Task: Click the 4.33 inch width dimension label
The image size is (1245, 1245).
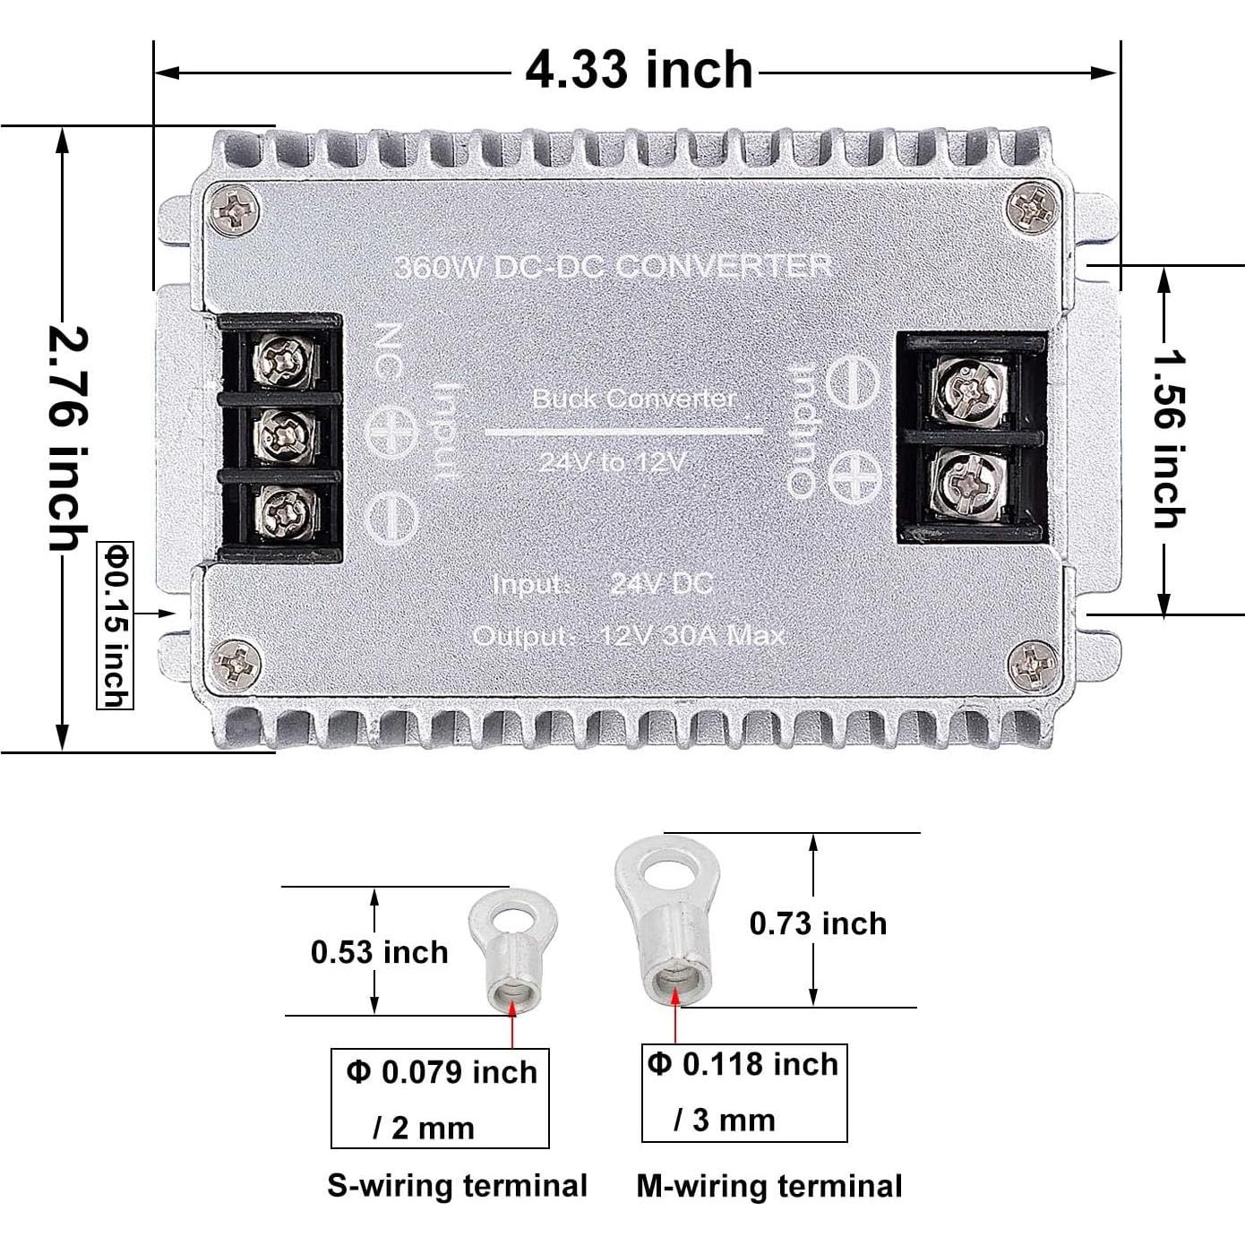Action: pyautogui.click(x=638, y=70)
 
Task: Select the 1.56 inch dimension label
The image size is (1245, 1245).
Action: pyautogui.click(x=1166, y=439)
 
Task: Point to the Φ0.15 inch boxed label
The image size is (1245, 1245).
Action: pyautogui.click(x=115, y=625)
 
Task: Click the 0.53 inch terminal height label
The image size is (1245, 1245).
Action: pyautogui.click(x=379, y=951)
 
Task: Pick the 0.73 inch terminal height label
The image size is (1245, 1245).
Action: pyautogui.click(x=818, y=923)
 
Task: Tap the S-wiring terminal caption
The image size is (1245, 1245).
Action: pyautogui.click(x=457, y=1185)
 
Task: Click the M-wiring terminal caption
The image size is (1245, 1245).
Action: pyautogui.click(x=769, y=1186)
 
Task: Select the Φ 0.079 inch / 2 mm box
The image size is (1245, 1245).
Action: pyautogui.click(x=440, y=1098)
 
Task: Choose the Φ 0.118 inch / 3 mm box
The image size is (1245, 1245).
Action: pyautogui.click(x=744, y=1092)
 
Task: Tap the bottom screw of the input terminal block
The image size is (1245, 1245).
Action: pyautogui.click(x=284, y=512)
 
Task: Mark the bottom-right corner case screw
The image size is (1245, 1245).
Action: pyautogui.click(x=1032, y=665)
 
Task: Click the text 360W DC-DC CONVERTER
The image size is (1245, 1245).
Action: pyautogui.click(x=613, y=266)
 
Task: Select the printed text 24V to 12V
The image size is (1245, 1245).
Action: pyautogui.click(x=613, y=462)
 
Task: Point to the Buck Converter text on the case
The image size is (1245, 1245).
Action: pyautogui.click(x=633, y=399)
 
